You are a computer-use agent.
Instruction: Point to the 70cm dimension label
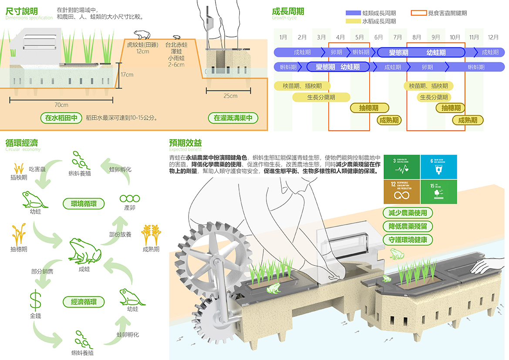coord(61,105)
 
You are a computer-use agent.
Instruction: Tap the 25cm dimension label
coord(230,96)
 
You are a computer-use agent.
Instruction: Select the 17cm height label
coord(127,74)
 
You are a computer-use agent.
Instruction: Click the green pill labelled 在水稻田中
coord(61,118)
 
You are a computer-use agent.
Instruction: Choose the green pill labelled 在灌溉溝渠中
coord(233,118)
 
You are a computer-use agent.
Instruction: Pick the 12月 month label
coord(493,37)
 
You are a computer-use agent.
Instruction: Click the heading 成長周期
coord(288,11)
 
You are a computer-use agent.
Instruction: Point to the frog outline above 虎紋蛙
coord(141,35)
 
